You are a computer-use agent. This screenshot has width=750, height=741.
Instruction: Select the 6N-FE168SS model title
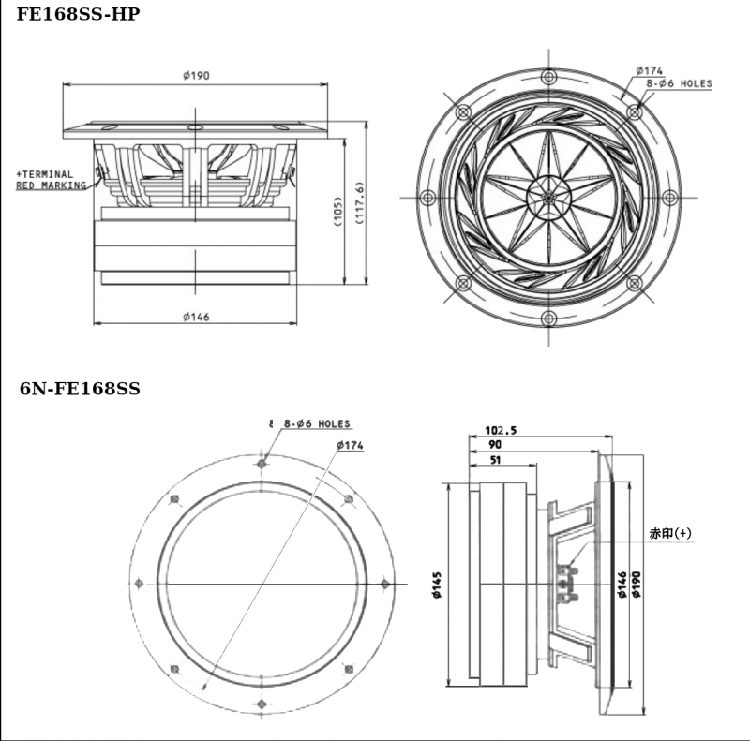tap(81, 389)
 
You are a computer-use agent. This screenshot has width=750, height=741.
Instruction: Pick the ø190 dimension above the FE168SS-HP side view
tap(195, 75)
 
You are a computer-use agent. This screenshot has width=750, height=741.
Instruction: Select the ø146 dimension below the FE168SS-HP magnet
tap(195, 317)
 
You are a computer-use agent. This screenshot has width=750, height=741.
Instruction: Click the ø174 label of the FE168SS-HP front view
tap(649, 70)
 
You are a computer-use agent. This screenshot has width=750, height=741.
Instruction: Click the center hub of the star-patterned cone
tap(548, 197)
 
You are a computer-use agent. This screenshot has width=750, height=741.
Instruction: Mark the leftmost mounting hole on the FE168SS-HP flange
tap(428, 198)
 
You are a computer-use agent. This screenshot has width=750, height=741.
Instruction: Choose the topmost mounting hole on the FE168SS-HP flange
tap(548, 76)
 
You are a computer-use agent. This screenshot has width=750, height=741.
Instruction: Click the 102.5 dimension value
tap(501, 430)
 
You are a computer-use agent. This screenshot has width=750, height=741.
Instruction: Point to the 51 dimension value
tap(494, 460)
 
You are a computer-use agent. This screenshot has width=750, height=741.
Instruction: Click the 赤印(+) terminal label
tap(670, 533)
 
